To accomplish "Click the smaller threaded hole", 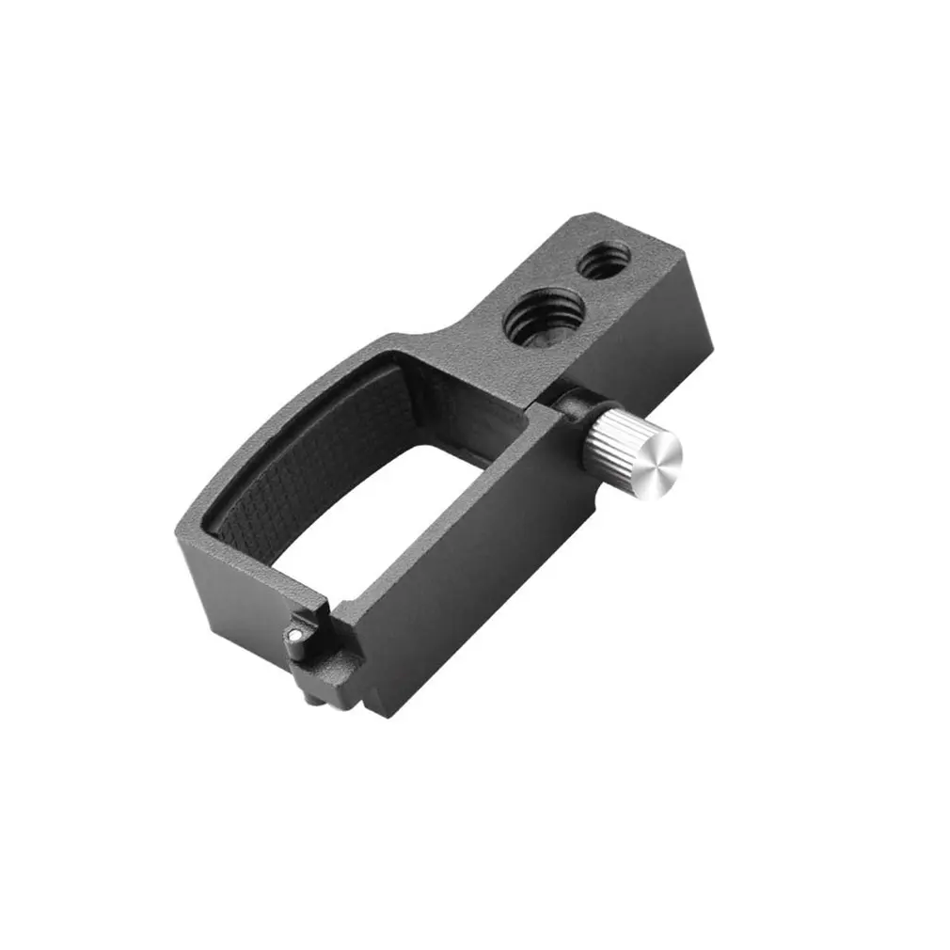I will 603,260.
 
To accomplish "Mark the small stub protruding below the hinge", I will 309,697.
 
